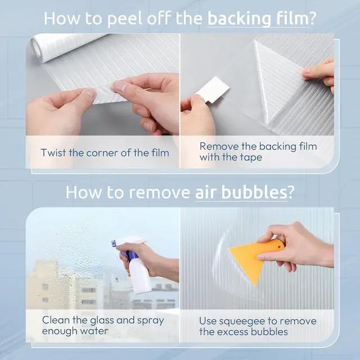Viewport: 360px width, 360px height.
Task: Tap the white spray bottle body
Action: point(139,277)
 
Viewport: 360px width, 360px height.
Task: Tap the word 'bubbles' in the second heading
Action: point(254,192)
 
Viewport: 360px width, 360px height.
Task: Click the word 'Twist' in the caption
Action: point(53,152)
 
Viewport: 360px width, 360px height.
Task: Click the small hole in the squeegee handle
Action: point(280,247)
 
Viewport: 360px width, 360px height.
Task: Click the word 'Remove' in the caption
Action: point(219,146)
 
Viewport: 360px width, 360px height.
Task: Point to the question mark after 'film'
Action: point(312,18)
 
